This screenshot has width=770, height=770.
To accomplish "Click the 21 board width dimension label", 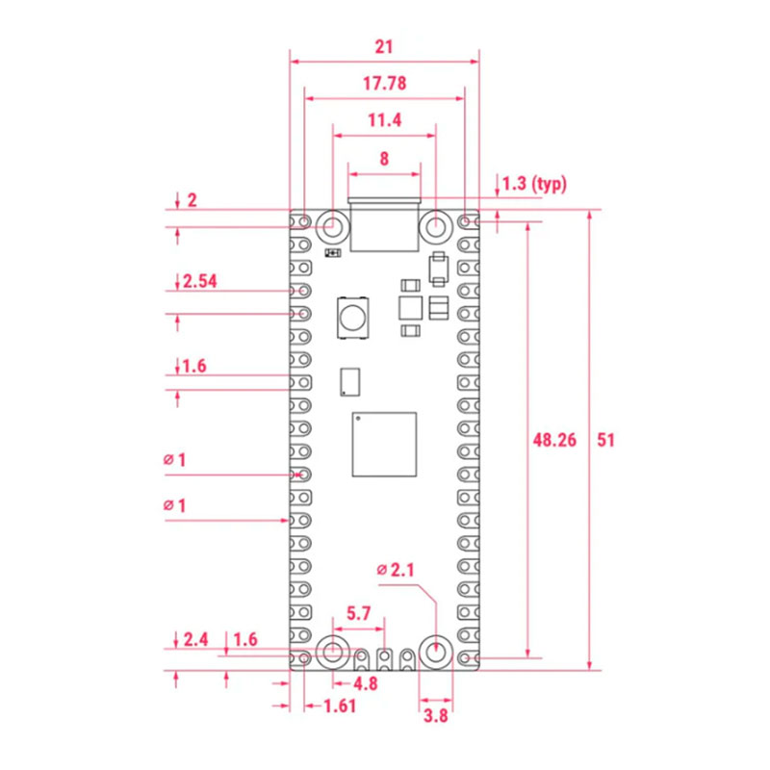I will [x=384, y=45].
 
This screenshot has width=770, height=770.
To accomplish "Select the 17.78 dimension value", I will [x=384, y=84].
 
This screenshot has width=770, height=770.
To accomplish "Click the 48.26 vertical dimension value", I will [x=553, y=440].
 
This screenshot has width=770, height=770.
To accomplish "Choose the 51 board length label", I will [x=604, y=440].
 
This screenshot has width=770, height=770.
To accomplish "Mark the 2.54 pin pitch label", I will [x=199, y=281].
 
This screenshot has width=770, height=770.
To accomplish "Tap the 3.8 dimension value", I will [x=435, y=715].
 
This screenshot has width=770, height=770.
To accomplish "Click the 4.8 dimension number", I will [x=365, y=683].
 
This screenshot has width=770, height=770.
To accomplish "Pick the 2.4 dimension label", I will [x=195, y=639].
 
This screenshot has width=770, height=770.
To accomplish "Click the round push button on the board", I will [x=353, y=319].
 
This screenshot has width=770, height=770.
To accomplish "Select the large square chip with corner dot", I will [x=385, y=445].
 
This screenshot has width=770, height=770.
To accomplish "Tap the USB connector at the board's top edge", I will [x=385, y=225].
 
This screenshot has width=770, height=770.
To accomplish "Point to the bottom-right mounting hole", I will [x=436, y=652].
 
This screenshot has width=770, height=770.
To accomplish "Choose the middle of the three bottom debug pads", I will [x=385, y=658].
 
